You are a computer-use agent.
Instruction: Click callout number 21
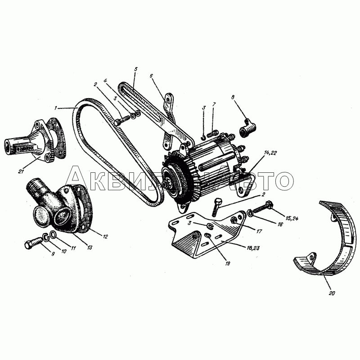click(21, 171)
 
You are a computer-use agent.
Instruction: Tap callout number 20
click(332, 293)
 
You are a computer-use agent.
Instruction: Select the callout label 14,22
click(270, 153)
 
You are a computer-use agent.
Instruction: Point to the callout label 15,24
click(292, 218)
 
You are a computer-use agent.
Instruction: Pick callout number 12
click(105, 237)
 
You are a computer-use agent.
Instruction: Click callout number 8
click(233, 97)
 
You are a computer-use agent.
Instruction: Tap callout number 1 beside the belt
click(55, 108)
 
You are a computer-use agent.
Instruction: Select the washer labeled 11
click(53, 234)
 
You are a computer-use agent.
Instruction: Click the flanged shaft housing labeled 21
click(35, 140)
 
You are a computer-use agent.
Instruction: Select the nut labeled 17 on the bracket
click(234, 220)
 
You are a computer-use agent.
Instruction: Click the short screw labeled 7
click(212, 133)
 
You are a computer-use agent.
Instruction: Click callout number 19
click(228, 263)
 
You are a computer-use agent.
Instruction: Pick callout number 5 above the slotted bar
click(136, 69)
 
